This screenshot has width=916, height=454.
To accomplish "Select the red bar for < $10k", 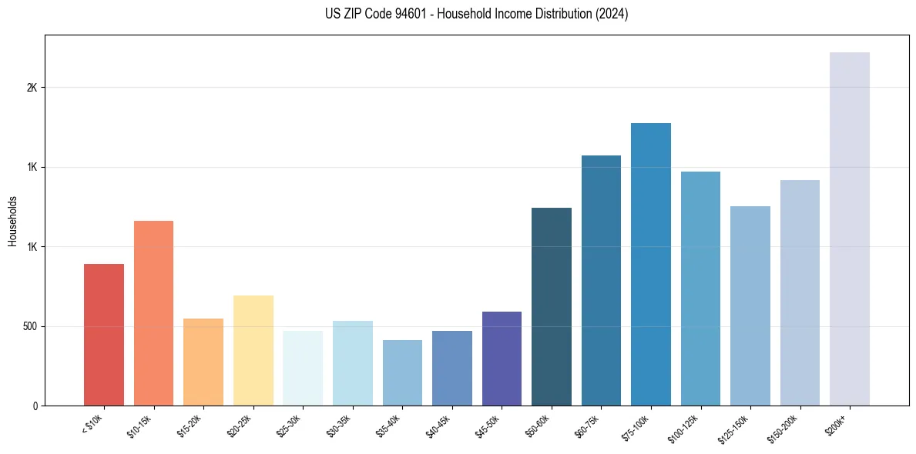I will click(x=104, y=335).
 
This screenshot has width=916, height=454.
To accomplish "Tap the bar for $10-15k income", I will click(x=153, y=313).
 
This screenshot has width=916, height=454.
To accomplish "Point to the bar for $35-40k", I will click(x=402, y=372).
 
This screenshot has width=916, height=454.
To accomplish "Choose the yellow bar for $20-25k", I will click(x=253, y=350).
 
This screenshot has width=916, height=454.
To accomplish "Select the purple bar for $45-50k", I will click(x=502, y=359).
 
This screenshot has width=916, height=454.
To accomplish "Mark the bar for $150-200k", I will click(x=800, y=292).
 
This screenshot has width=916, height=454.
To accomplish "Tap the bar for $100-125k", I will click(x=700, y=289).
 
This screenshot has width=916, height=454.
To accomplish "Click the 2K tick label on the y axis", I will click(x=32, y=88).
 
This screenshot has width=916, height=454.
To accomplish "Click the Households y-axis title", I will click(x=12, y=220).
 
